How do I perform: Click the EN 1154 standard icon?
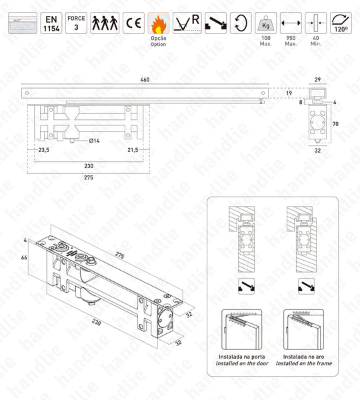(51, 23)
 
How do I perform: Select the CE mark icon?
(133, 23)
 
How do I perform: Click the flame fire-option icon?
(159, 23)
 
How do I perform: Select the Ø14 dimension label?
(95, 141)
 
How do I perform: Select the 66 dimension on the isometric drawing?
(23, 257)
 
